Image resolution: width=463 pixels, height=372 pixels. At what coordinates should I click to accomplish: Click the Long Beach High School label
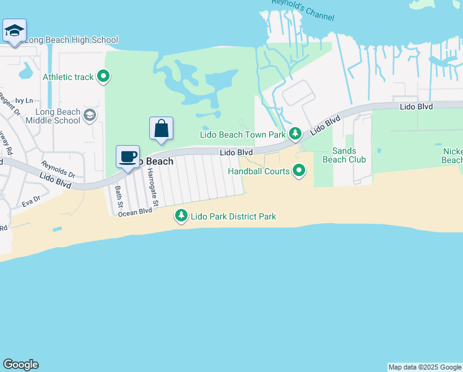[x=71, y=40]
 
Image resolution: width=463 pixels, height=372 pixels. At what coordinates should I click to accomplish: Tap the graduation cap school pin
[x=14, y=30]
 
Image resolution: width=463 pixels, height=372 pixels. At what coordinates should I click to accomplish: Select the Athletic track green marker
[x=104, y=77]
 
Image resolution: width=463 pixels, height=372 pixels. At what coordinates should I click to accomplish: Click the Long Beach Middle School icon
[x=90, y=115]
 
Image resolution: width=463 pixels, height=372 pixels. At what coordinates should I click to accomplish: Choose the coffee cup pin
[x=128, y=157]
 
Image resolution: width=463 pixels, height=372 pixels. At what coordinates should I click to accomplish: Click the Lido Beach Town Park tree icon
[x=296, y=134]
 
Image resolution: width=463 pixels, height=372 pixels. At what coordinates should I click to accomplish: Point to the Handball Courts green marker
[x=299, y=170]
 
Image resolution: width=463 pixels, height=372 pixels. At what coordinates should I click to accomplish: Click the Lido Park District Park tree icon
[x=181, y=216]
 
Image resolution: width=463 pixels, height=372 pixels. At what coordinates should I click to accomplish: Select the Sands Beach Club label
[x=344, y=155]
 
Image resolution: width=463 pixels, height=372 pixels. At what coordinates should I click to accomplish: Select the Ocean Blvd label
[x=135, y=211]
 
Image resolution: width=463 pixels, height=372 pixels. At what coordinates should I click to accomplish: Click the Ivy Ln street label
[x=24, y=100]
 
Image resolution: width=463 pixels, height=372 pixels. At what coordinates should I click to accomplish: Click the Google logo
[x=20, y=365]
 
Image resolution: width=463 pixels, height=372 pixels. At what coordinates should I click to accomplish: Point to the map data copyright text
[x=425, y=367]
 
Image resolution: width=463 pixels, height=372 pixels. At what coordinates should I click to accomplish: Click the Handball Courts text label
[x=259, y=170]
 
